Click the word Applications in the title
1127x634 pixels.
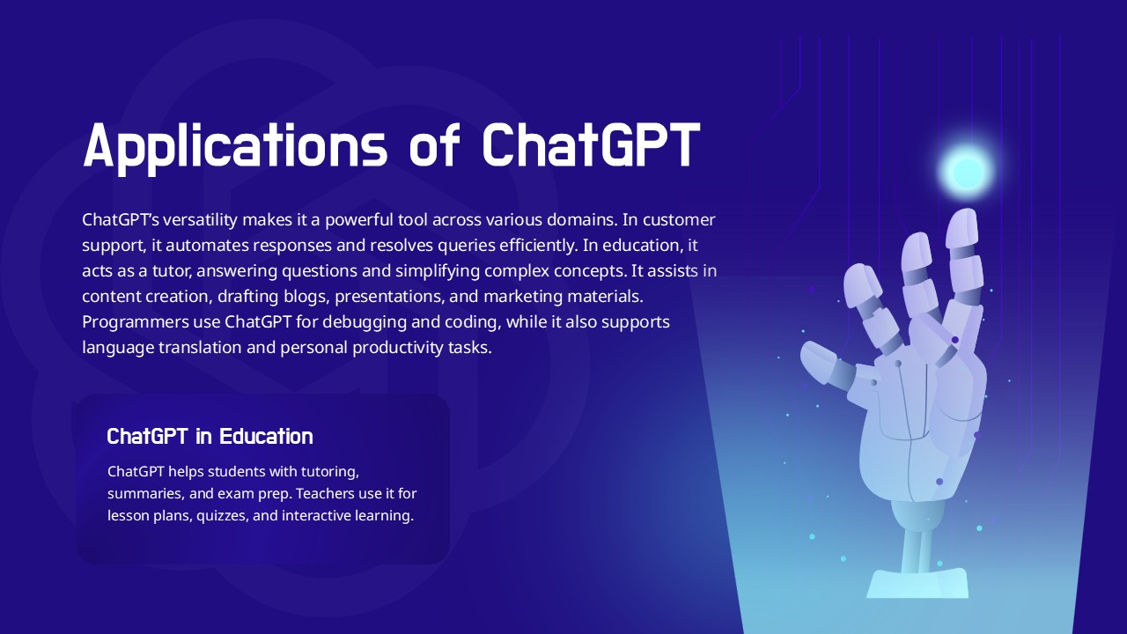tap(235, 145)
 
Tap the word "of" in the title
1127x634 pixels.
tap(435, 144)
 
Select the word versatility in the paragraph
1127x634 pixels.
tap(200, 220)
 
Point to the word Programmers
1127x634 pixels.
tap(136, 322)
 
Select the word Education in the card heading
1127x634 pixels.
tap(266, 436)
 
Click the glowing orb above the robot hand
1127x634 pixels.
tap(967, 171)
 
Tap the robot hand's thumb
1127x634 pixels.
tap(825, 365)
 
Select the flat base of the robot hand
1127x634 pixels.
tap(917, 584)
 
